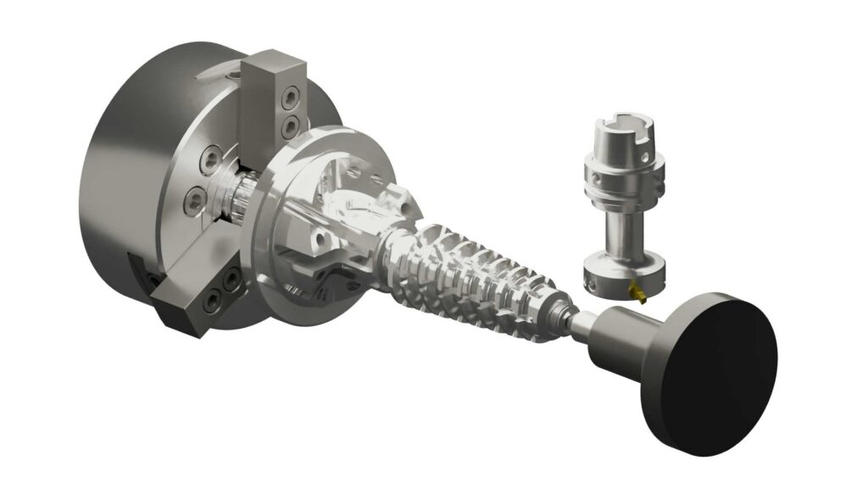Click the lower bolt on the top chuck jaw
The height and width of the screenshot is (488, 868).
point(290,128)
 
